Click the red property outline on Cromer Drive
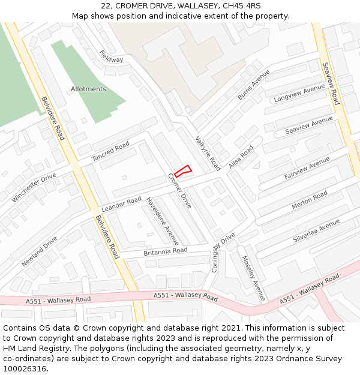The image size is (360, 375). [183, 171]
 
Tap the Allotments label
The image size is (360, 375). [88, 89]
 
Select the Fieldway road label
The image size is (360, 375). [111, 56]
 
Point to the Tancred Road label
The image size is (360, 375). [110, 152]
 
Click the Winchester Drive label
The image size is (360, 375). [34, 187]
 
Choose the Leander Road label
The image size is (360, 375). [121, 204]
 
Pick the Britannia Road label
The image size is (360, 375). [165, 251]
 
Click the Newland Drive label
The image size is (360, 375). [40, 251]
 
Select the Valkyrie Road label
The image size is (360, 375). [208, 152]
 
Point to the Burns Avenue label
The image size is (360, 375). [254, 85]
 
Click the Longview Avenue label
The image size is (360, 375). [298, 94]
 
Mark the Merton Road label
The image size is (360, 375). [309, 200]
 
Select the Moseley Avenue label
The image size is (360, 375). [253, 278]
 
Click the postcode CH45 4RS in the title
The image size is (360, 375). [242, 5]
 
